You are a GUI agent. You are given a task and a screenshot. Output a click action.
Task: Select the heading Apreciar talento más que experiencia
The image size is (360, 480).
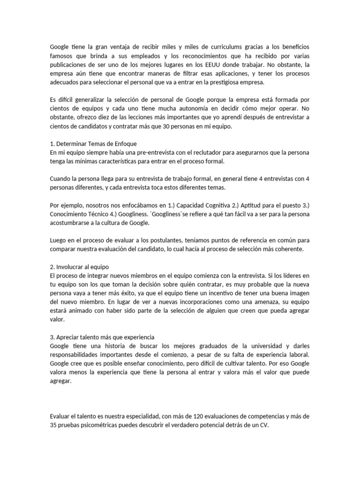pos(102,337)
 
